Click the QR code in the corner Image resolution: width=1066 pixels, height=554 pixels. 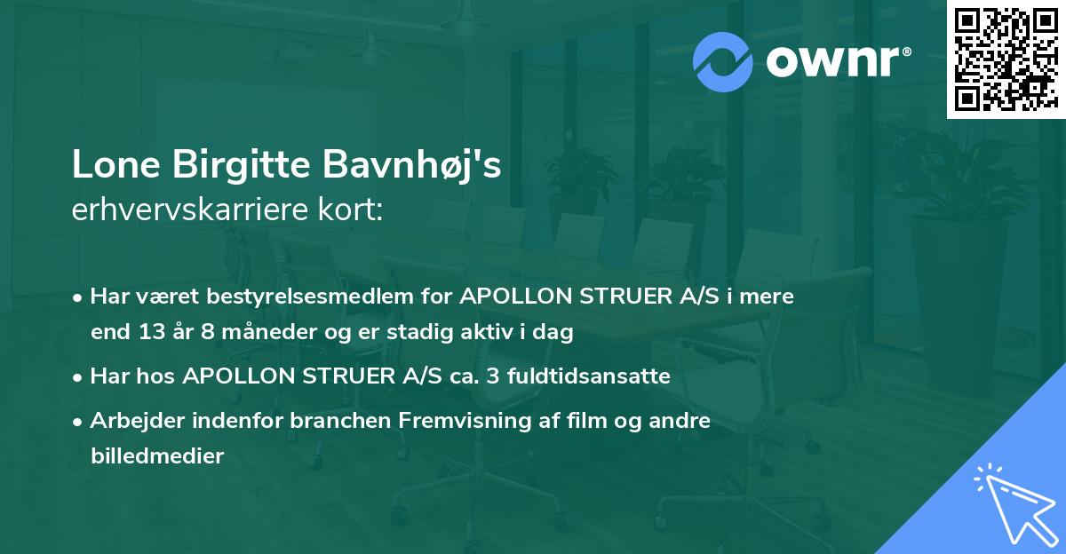pyautogui.click(x=1006, y=59)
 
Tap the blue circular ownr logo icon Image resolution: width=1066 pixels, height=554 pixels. pyautogui.click(x=723, y=60)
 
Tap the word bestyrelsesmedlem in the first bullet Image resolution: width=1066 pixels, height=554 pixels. pyautogui.click(x=267, y=297)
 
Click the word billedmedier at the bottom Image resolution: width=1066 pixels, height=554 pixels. pyautogui.click(x=157, y=456)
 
